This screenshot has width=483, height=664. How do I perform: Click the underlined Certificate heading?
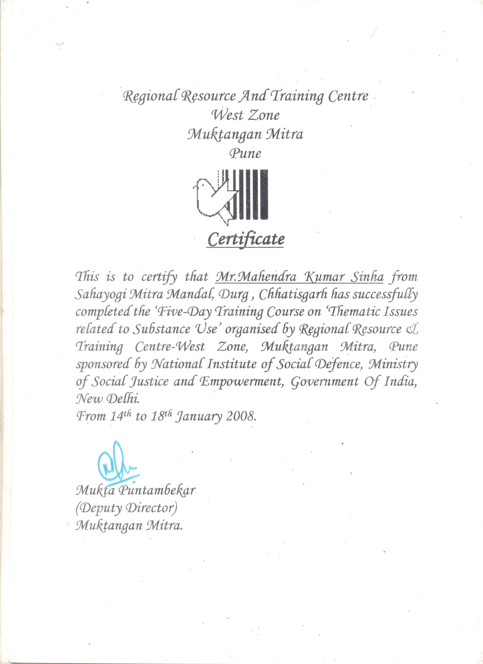tap(246, 239)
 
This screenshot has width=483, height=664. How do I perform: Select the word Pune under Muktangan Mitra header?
tap(245, 153)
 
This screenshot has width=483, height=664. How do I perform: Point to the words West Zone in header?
tap(246, 115)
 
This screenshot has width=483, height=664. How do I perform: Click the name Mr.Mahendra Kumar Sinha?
tap(300, 277)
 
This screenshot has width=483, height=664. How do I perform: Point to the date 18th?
tap(161, 416)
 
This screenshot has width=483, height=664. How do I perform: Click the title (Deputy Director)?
tap(126, 508)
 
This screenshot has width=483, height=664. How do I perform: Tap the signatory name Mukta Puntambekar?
tap(135, 490)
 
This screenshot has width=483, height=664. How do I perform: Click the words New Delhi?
tap(107, 399)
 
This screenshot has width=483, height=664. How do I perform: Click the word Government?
tap(325, 382)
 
